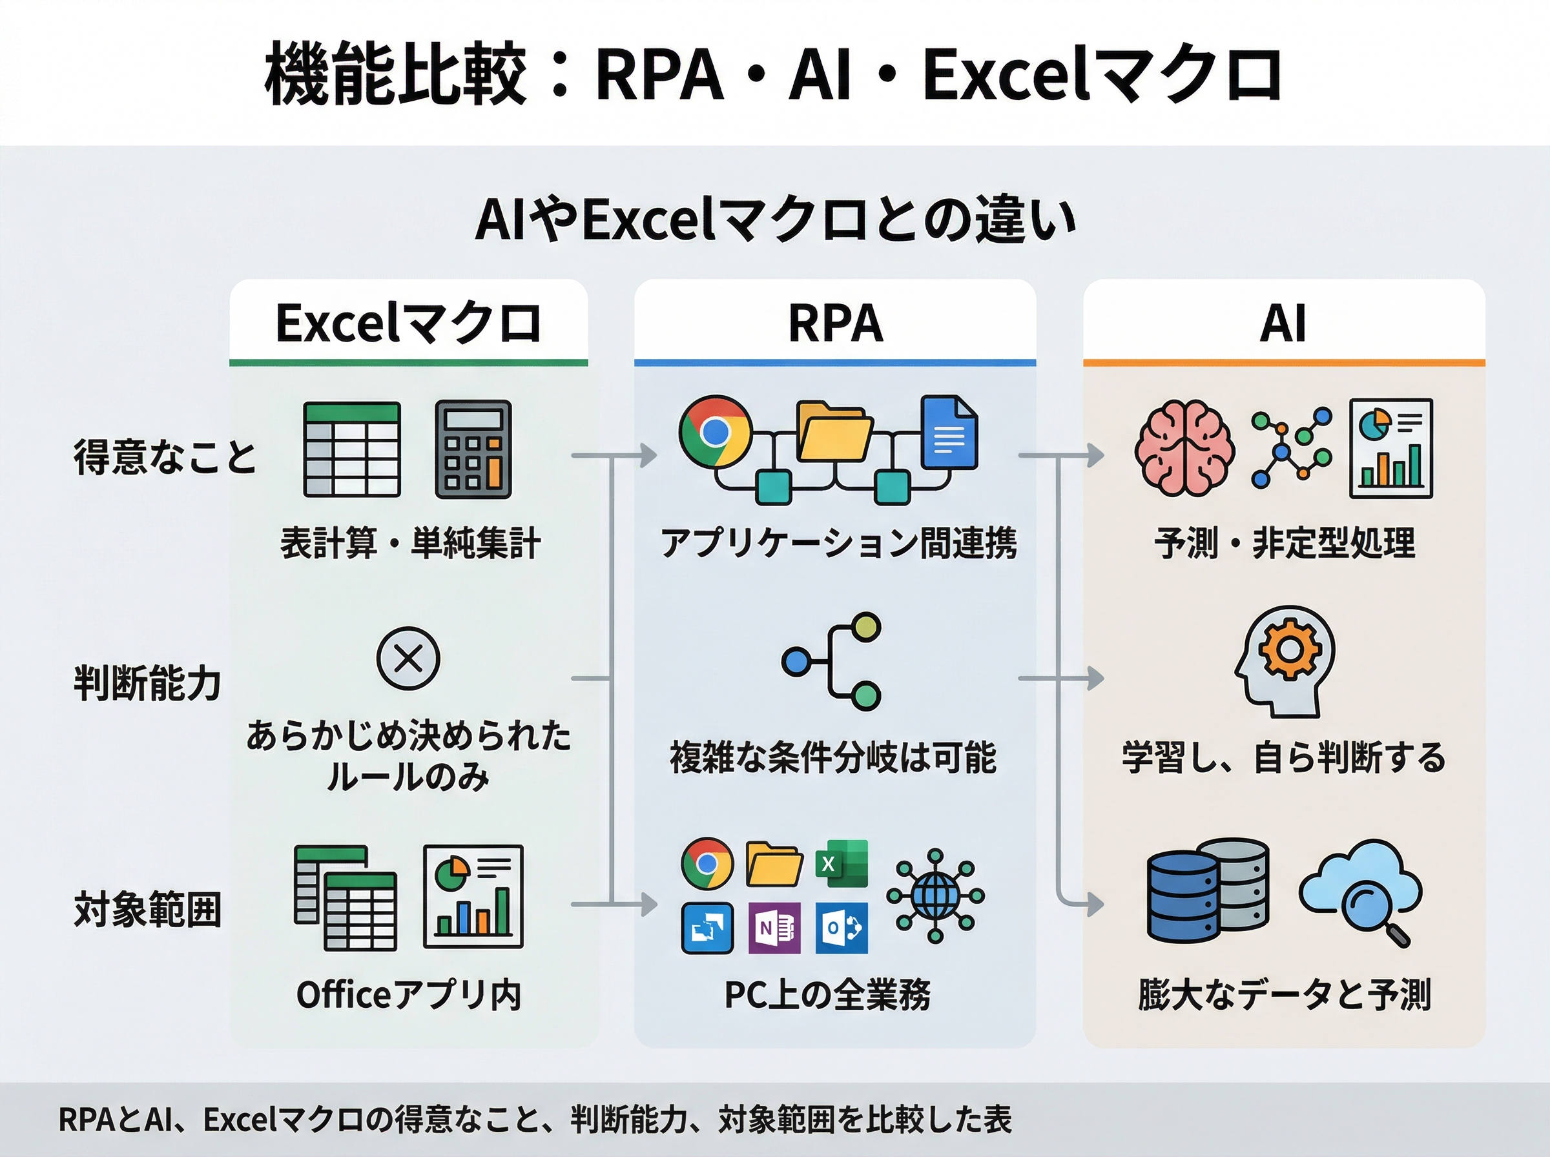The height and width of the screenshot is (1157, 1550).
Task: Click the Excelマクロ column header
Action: click(x=408, y=323)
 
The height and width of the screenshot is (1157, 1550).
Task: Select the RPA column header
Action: click(x=835, y=323)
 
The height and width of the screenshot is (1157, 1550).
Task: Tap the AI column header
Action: click(x=1283, y=323)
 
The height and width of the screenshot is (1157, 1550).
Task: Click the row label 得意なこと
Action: click(x=165, y=456)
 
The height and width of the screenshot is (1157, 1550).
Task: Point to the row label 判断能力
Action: click(x=148, y=683)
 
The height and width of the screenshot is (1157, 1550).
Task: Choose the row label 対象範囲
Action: click(x=148, y=909)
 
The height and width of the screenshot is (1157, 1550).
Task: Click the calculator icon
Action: click(x=473, y=449)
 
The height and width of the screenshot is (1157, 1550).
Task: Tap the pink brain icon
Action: click(x=1184, y=448)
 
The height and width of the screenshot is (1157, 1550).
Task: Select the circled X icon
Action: click(x=408, y=659)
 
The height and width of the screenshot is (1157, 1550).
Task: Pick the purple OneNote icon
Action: click(x=774, y=928)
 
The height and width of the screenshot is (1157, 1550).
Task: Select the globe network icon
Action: click(x=935, y=895)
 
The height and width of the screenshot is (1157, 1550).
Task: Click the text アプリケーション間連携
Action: click(x=838, y=544)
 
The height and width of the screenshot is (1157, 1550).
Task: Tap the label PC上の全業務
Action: click(x=828, y=994)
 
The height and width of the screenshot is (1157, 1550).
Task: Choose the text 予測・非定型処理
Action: click(x=1285, y=544)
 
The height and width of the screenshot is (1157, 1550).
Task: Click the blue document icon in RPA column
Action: click(x=949, y=433)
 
